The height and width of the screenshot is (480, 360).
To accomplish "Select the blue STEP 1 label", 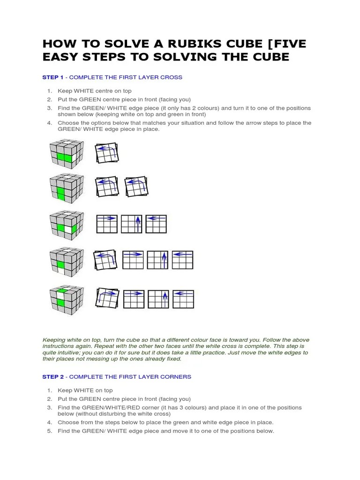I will click(53, 77).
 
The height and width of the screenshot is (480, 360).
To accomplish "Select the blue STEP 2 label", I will click(53, 376).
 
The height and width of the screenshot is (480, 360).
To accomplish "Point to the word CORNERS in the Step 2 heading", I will click(175, 376).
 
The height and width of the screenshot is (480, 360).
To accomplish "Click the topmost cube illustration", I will click(67, 153).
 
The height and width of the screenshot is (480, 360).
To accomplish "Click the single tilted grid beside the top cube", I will click(107, 153).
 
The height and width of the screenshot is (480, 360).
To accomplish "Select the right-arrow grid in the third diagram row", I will click(106, 224).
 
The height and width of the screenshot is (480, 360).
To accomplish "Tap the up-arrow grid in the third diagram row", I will click(132, 224).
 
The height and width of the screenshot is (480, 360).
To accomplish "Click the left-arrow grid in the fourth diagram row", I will click(182, 260).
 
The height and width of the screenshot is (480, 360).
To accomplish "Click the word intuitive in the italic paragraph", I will click(62, 353).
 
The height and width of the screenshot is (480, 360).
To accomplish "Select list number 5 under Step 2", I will click(50, 431).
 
